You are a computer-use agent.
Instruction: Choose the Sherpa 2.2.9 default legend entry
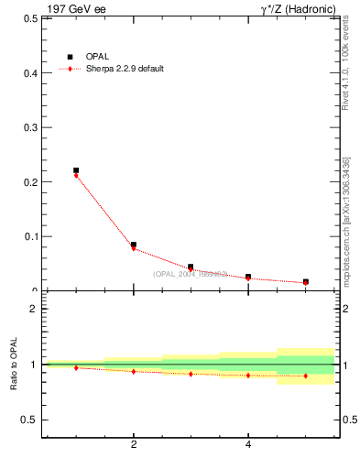(x=123, y=70)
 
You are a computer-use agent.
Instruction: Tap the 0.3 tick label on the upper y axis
(x=30, y=127)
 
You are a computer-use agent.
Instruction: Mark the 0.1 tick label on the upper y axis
(x=30, y=236)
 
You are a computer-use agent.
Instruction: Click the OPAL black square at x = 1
(x=76, y=170)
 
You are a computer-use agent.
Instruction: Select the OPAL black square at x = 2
(x=134, y=245)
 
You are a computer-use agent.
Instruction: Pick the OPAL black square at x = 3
(x=191, y=267)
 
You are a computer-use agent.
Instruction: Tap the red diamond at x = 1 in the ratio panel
(x=76, y=367)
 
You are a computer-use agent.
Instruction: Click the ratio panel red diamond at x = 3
(x=191, y=374)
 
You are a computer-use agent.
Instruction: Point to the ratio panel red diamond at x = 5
(x=305, y=376)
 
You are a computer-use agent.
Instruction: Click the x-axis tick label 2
(x=134, y=446)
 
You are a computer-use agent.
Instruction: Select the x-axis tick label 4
(x=248, y=446)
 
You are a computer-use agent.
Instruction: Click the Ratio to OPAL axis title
(x=14, y=365)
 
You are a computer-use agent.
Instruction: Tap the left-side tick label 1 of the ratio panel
(x=34, y=365)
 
